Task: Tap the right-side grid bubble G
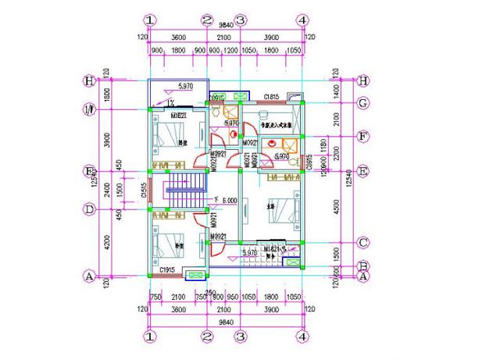coord(363,102)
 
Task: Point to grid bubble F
coord(363,135)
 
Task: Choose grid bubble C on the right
coord(363,242)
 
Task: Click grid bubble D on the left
coord(91,209)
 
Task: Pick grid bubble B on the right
coord(363,266)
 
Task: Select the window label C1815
coord(271,97)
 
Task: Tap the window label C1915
coord(167,270)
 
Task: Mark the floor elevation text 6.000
coord(229,201)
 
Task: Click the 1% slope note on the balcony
coord(170,102)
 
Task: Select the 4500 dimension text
coord(337,207)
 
